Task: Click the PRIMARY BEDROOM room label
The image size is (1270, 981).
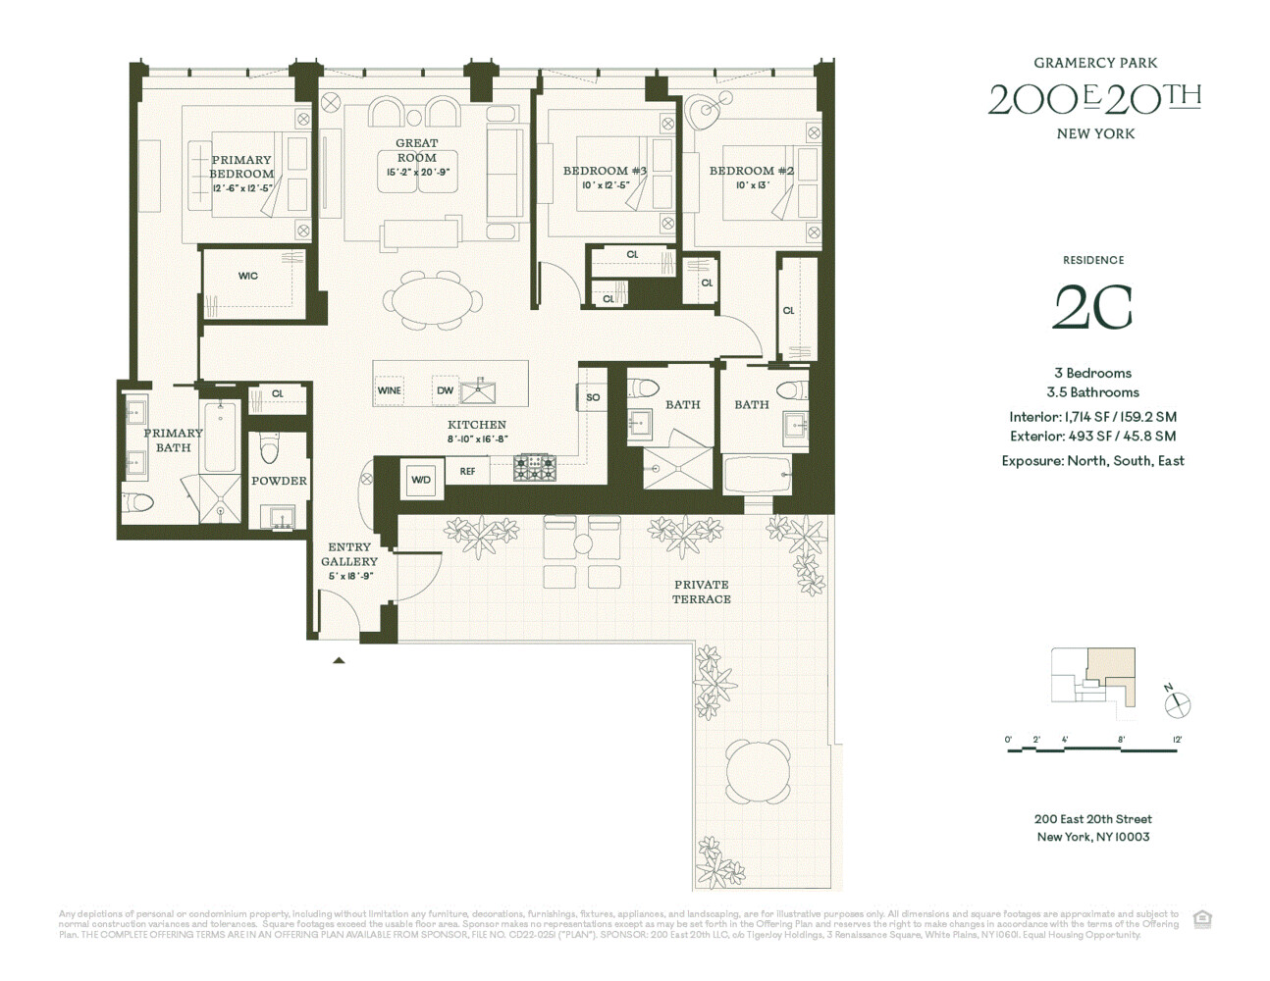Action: (x=241, y=167)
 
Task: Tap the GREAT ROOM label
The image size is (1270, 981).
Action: (x=417, y=150)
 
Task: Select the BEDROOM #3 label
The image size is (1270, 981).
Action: (x=605, y=171)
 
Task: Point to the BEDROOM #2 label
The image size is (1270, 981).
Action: (x=752, y=171)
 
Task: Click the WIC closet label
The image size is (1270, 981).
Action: (x=248, y=276)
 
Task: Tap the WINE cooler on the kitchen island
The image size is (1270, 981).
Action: (x=390, y=390)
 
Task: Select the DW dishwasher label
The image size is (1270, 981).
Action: (x=446, y=390)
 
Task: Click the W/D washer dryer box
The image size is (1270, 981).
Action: (x=421, y=481)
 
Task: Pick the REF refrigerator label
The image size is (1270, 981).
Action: (x=468, y=472)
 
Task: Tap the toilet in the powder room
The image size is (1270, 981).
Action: (x=269, y=448)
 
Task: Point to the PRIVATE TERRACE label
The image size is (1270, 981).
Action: (x=702, y=592)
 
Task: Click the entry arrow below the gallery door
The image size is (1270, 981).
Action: (x=339, y=661)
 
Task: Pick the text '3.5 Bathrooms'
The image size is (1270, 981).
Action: (x=1092, y=392)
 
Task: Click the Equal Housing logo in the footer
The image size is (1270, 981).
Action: (x=1202, y=919)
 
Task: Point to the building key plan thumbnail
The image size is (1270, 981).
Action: (x=1093, y=677)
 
